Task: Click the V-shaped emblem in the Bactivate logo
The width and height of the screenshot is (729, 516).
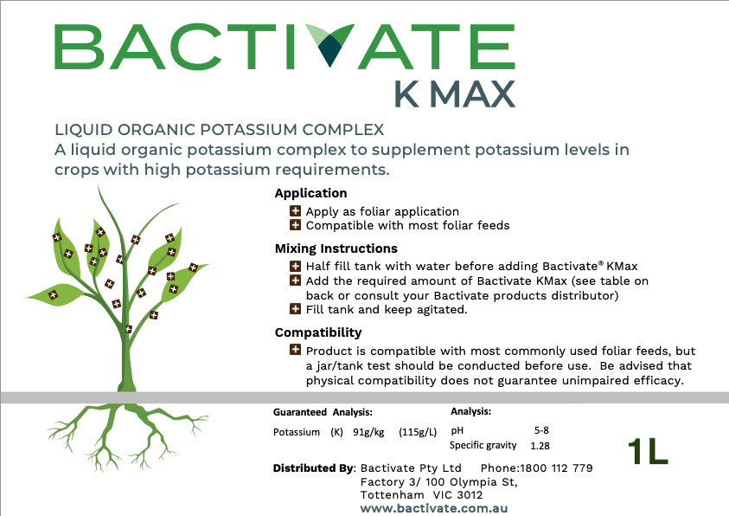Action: coord(330,45)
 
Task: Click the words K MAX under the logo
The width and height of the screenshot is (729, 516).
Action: coord(455,94)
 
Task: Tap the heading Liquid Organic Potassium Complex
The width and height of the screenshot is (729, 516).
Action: coord(220,129)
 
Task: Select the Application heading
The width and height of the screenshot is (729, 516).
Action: coord(310,193)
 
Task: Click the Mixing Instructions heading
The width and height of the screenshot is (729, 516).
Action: coord(336,248)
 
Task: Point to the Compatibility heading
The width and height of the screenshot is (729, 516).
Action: coord(318,332)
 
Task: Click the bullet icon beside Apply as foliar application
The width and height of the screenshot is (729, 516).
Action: coord(295,210)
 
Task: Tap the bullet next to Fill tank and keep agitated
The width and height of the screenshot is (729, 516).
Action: coord(295,309)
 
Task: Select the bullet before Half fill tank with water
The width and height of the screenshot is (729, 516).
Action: coord(295,266)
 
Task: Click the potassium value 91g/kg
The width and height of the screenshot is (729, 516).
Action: coord(368,432)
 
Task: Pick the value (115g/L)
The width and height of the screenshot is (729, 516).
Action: coord(418,432)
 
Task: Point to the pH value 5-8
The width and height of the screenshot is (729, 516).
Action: coord(541,430)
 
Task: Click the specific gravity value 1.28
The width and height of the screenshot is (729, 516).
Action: coord(540,446)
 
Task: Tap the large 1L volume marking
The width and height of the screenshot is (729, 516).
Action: coord(648,451)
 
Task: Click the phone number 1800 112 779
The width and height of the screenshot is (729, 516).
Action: coord(556,468)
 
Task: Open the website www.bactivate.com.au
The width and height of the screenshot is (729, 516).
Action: coord(434,508)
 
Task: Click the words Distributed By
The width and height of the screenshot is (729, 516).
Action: coord(314,468)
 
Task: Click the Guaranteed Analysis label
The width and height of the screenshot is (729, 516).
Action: coord(323,412)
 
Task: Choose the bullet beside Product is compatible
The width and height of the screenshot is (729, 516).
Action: coord(295,350)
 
